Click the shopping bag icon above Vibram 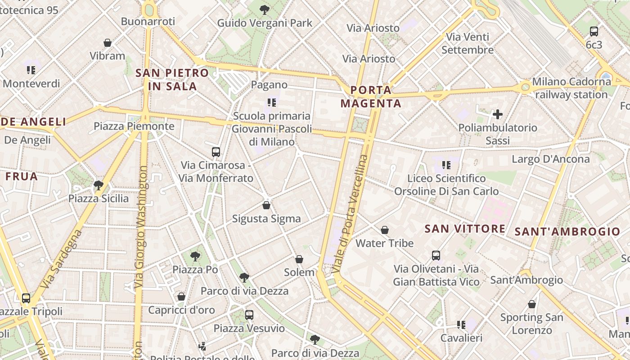tap(108, 43)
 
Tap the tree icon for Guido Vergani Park tap(265, 9)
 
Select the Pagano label tap(269, 85)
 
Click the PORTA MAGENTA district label tap(371, 97)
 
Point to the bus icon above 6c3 tap(594, 31)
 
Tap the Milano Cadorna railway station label tap(571, 88)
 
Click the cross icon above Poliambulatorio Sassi tap(498, 114)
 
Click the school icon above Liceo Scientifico tap(446, 165)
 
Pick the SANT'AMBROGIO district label tap(567, 232)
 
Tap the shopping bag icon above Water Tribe tap(385, 230)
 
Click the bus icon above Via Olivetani tap(436, 256)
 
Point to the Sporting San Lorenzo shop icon tap(532, 304)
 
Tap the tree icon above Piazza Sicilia tap(98, 185)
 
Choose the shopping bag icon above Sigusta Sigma tap(266, 205)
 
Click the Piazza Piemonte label tap(134, 126)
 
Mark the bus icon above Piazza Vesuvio tap(249, 315)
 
